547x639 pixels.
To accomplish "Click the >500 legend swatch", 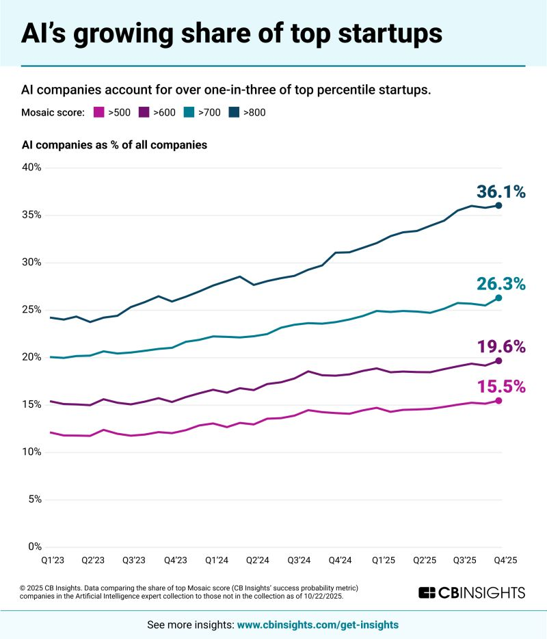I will point(98,112).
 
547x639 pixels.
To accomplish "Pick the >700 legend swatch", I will point(191,112).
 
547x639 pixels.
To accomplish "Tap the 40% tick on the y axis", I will point(32,168).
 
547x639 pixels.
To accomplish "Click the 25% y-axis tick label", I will point(32,310).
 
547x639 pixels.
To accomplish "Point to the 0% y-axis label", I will point(35,547).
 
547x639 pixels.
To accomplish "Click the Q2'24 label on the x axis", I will point(257,560).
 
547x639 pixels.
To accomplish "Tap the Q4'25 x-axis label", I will point(505,560).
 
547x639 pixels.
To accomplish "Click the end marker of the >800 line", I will point(498,205).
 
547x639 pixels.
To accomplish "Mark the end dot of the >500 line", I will point(498,401).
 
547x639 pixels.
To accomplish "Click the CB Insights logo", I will point(471,592).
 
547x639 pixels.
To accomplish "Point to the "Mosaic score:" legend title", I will point(53,112).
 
